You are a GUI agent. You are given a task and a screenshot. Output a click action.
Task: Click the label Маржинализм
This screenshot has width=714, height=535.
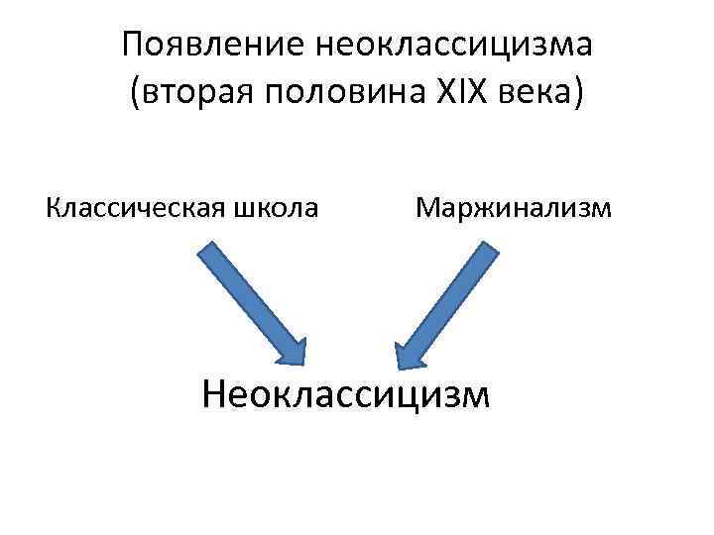click(514, 209)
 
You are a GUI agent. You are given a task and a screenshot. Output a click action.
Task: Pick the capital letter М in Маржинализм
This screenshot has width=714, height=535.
click(428, 209)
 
